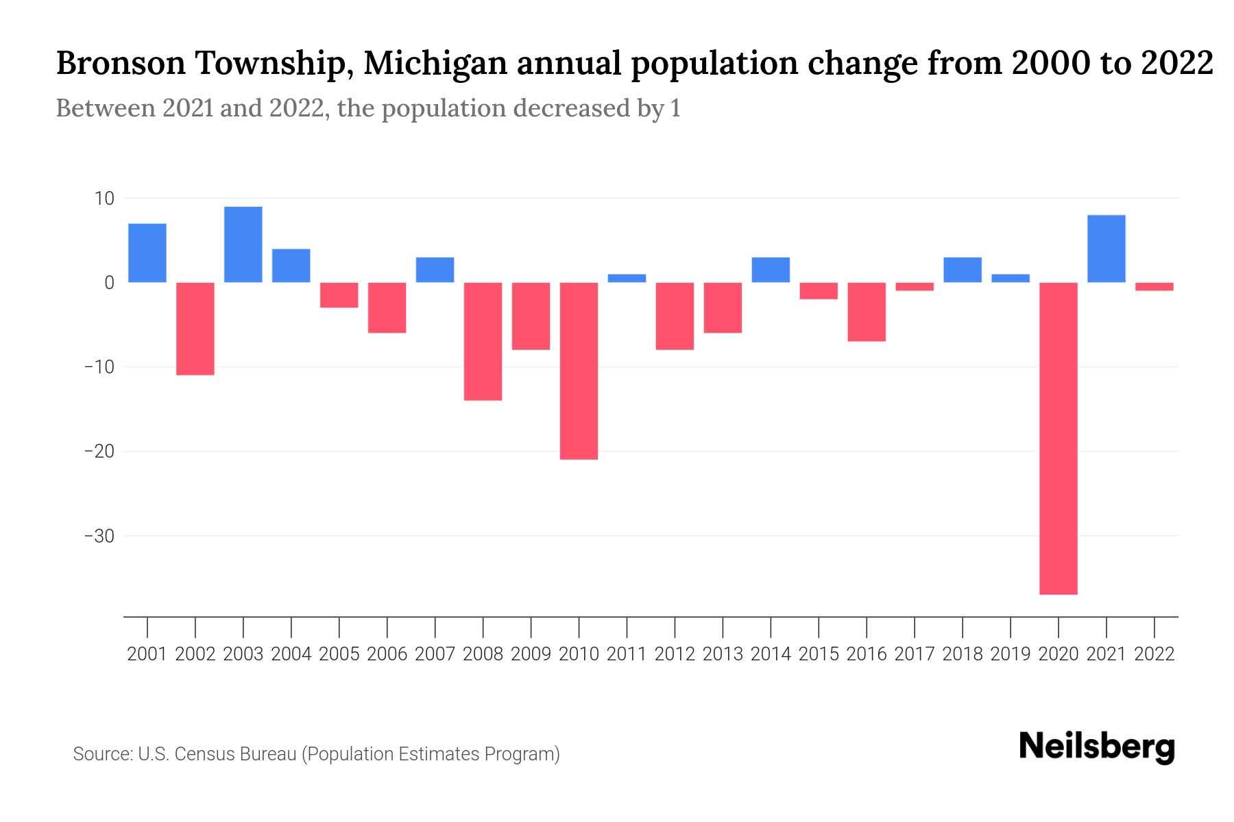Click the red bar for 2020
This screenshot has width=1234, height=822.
click(x=1058, y=438)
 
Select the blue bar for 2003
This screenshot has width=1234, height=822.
click(x=243, y=245)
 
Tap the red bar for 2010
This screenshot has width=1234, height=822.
click(x=579, y=371)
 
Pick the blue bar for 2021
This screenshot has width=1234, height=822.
click(x=1106, y=249)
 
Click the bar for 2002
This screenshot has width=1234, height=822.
click(x=195, y=329)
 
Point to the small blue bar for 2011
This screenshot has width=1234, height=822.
click(x=627, y=278)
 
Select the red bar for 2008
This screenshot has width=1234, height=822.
click(x=483, y=341)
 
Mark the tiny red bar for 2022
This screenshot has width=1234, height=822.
click(x=1154, y=286)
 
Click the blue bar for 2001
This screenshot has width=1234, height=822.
click(x=147, y=253)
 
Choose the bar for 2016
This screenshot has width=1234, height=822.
click(x=867, y=312)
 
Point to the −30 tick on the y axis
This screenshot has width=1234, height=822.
click(x=99, y=536)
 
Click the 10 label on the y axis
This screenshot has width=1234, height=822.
click(x=104, y=199)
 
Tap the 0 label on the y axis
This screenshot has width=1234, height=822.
click(x=109, y=283)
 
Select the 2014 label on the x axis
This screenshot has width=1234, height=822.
click(x=771, y=654)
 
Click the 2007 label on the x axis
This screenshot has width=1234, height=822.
click(x=435, y=654)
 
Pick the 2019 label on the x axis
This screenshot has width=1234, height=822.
click(x=1010, y=654)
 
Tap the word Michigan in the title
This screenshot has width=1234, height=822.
click(x=435, y=64)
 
